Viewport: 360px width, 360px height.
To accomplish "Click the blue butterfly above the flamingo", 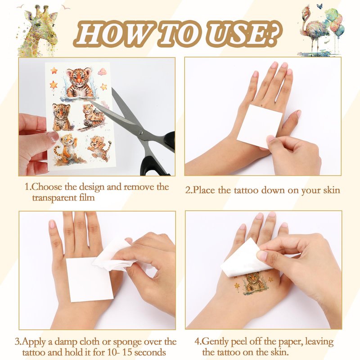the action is (x=319, y=6).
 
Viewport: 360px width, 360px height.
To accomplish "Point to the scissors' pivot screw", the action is (x=140, y=132).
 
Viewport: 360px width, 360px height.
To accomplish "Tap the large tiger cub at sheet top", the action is (x=79, y=83).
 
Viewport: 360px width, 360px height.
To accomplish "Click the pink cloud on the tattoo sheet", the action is (x=103, y=72).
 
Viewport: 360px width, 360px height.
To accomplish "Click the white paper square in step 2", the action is (x=260, y=126).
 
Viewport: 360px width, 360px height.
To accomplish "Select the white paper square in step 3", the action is (x=89, y=279).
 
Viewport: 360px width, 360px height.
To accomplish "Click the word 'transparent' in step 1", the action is (x=53, y=198).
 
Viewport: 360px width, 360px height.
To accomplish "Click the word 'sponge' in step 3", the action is (x=127, y=342).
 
